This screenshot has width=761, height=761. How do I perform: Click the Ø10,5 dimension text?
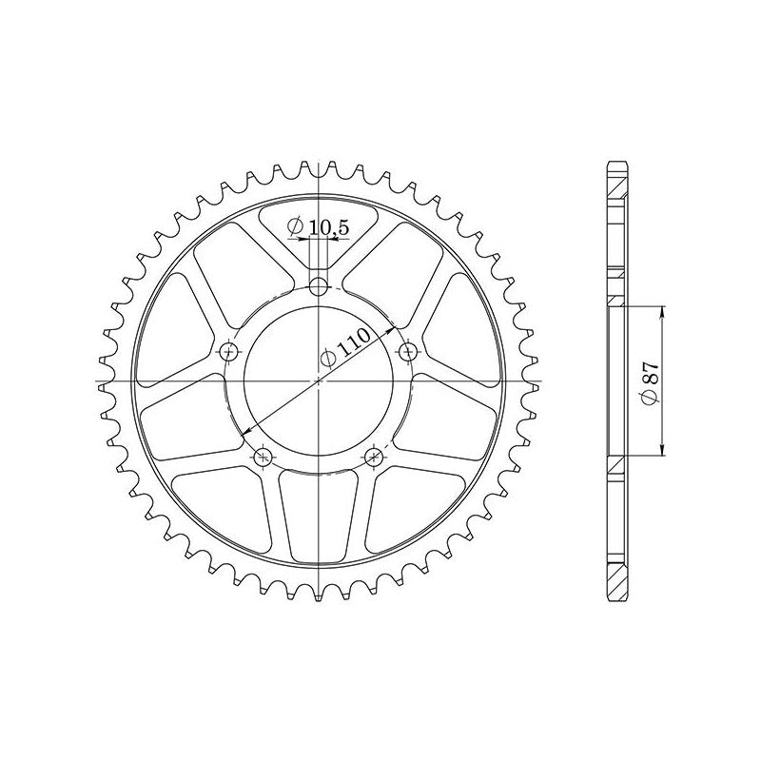(319, 226)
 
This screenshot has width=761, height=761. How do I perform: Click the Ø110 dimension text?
(346, 346)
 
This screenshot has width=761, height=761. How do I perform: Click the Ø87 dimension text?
(650, 381)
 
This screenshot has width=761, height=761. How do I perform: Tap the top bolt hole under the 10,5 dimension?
(319, 287)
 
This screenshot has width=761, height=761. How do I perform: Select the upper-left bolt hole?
(228, 351)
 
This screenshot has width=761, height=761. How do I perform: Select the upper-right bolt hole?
(408, 350)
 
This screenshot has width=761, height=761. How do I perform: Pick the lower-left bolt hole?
(263, 457)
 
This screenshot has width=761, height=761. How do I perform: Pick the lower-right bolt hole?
(374, 456)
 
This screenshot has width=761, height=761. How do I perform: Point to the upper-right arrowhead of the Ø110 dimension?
(391, 330)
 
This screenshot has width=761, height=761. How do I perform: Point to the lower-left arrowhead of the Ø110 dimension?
(246, 430)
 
